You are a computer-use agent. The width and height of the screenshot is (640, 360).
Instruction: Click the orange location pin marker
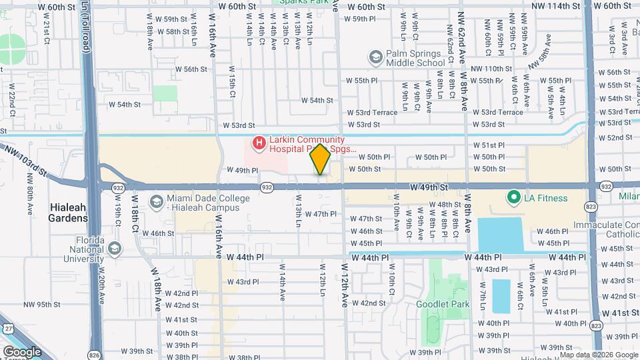point(320,159)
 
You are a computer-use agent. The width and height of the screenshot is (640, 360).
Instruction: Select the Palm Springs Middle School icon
point(376,59)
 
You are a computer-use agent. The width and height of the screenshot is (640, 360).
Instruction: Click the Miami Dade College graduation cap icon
point(156,202)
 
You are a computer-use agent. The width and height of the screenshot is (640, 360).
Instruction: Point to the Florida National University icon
point(114,249)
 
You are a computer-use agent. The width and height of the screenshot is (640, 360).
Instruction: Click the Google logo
point(22,351)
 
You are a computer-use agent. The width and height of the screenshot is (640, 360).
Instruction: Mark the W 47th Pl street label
point(321,214)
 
